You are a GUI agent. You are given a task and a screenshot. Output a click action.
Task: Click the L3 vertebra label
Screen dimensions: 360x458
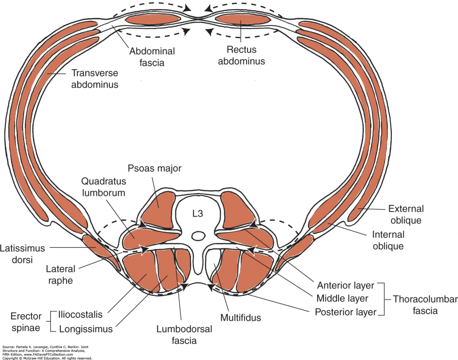pyautogui.click(x=198, y=214)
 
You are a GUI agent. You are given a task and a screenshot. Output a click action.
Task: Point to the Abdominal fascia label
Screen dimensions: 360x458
pyautogui.click(x=152, y=57)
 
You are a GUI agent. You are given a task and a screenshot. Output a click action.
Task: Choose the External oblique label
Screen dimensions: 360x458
pyautogui.click(x=406, y=214)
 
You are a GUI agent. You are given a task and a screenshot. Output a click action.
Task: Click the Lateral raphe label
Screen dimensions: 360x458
pyautogui.click(x=60, y=275)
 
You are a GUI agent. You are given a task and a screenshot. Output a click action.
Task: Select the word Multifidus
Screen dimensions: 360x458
pyautogui.click(x=240, y=317)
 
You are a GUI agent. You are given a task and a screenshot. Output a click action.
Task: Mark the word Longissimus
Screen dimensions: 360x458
pyautogui.click(x=85, y=329)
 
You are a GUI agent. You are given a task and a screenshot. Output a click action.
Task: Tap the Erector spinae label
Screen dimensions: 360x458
pyautogui.click(x=27, y=322)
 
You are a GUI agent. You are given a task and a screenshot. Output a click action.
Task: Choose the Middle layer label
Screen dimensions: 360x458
pyautogui.click(x=343, y=298)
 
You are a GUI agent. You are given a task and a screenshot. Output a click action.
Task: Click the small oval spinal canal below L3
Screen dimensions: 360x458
pyautogui.click(x=199, y=234)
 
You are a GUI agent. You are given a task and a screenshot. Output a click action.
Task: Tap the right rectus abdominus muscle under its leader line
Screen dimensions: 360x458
pyautogui.click(x=243, y=19)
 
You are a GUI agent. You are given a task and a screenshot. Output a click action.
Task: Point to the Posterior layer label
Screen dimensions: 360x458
pyautogui.click(x=346, y=312)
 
